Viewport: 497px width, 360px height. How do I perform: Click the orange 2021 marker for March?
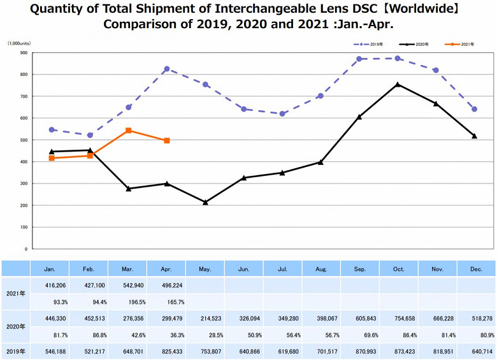(x=129, y=131)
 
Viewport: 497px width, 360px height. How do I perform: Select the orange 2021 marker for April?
(x=167, y=141)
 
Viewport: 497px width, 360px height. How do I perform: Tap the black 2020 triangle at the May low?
(x=205, y=202)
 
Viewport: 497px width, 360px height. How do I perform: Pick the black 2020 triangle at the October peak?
(x=398, y=84)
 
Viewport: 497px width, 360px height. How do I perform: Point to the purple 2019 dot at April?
(x=167, y=69)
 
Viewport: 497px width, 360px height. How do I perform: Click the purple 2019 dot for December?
(x=474, y=109)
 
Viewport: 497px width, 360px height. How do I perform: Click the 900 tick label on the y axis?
(x=23, y=53)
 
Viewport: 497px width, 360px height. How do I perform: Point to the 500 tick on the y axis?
(x=23, y=140)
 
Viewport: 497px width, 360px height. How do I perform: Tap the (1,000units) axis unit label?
(x=19, y=43)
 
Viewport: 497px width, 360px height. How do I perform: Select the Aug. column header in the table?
(x=321, y=269)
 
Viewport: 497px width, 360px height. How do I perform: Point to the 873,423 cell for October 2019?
(x=398, y=350)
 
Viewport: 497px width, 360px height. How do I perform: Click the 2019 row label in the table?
(x=16, y=350)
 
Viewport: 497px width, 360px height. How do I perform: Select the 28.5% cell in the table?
(x=205, y=333)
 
